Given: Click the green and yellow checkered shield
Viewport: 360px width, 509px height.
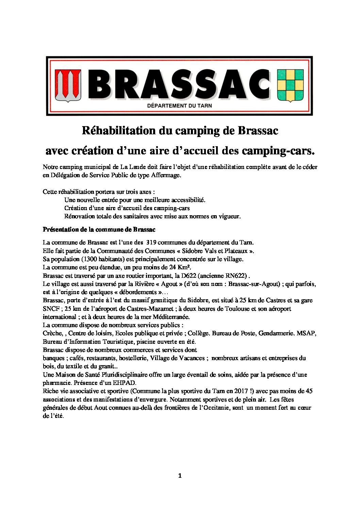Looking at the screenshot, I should point(290,85).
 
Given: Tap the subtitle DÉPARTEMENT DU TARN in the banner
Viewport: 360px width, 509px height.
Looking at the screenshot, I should point(179,106).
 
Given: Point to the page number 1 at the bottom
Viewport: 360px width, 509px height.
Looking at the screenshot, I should point(180,476).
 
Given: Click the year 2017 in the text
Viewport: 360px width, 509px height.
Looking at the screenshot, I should point(241,391).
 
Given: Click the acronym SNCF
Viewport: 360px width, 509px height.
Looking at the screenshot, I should point(51,309).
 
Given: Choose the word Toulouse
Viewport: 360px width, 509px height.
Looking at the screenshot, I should point(236,309).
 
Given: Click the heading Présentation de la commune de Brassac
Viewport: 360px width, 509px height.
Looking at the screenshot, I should point(99,230).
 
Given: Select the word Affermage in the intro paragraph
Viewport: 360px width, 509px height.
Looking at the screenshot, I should point(166,175).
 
